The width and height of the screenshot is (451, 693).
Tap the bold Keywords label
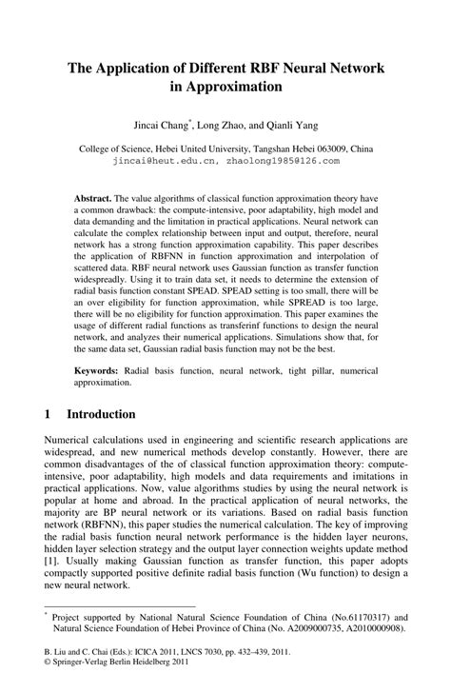click(x=98, y=368)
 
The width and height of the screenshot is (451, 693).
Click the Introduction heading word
click(x=102, y=415)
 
